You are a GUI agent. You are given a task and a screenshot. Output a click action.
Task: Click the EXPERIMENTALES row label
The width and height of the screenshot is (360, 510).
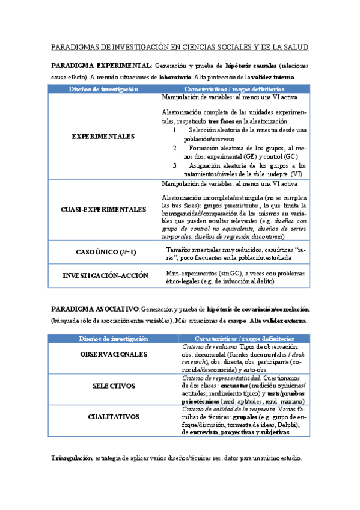(x=103, y=137)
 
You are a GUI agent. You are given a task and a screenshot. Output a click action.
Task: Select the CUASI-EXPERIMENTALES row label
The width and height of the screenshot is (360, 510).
(x=103, y=210)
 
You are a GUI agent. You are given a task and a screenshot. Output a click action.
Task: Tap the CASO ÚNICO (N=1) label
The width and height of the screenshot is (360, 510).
(x=103, y=252)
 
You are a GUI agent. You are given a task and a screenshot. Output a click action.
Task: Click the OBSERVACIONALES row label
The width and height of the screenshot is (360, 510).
(x=114, y=354)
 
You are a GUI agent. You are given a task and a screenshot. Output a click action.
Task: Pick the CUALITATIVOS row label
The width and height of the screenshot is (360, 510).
(x=114, y=416)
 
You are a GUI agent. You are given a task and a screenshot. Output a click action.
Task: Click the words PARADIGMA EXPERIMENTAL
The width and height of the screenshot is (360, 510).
(x=100, y=65)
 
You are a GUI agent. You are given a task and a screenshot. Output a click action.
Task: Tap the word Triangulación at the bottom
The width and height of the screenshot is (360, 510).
(x=72, y=459)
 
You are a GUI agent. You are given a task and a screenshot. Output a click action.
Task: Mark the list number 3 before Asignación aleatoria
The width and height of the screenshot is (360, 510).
(x=175, y=165)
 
